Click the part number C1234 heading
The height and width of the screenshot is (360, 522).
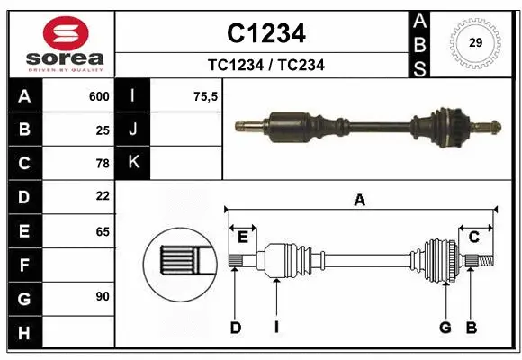pyautogui.click(x=265, y=33)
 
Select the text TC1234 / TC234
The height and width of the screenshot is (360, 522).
pyautogui.click(x=265, y=65)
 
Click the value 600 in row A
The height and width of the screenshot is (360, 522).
pyautogui.click(x=98, y=96)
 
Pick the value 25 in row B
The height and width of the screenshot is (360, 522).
pyautogui.click(x=102, y=130)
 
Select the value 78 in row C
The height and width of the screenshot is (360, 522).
pyautogui.click(x=102, y=164)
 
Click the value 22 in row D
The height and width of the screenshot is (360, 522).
pyautogui.click(x=102, y=196)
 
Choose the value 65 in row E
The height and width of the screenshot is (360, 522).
pyautogui.click(x=102, y=231)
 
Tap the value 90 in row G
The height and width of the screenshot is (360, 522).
pyautogui.click(x=102, y=296)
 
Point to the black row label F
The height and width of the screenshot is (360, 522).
pyautogui.click(x=23, y=265)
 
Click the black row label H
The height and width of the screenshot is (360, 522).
pyautogui.click(x=23, y=332)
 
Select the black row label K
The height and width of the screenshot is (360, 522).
pyautogui.click(x=134, y=163)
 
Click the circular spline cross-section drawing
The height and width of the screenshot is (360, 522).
pyautogui.click(x=179, y=261)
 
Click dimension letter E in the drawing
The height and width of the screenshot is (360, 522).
pyautogui.click(x=242, y=237)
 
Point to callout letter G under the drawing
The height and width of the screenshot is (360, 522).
pyautogui.click(x=445, y=328)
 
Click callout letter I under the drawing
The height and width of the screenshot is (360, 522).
pyautogui.click(x=277, y=328)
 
